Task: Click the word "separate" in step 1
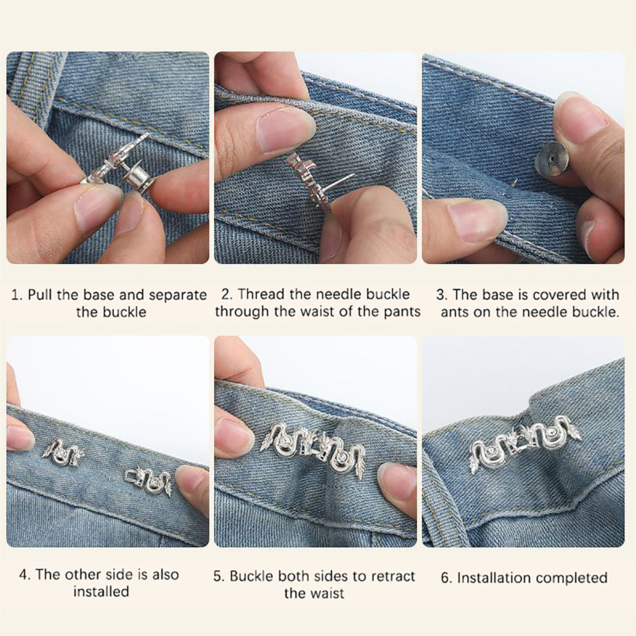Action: click(x=178, y=295)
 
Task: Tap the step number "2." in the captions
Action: click(x=227, y=294)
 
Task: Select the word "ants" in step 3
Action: click(x=455, y=312)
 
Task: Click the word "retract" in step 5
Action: click(x=393, y=576)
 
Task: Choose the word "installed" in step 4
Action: click(x=101, y=591)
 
